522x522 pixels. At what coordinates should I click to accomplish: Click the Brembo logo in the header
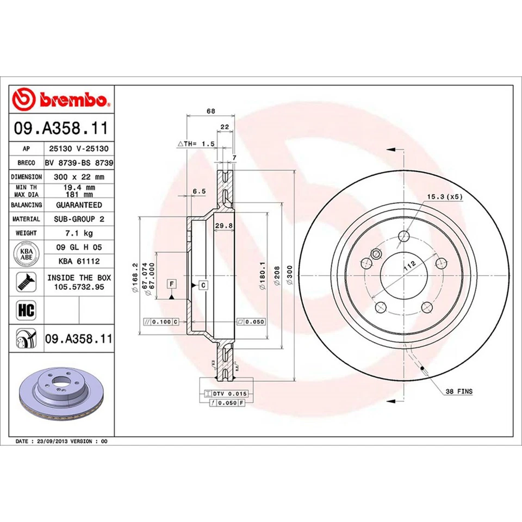pos(61,100)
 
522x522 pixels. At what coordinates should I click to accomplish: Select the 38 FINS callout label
pos(459,391)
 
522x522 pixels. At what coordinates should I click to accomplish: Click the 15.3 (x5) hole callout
pos(444,197)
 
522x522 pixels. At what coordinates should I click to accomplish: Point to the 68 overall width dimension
pos(211,111)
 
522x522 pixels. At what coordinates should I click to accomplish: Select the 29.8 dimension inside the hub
pos(221,225)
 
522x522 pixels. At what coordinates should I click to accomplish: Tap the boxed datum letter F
pos(171,284)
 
